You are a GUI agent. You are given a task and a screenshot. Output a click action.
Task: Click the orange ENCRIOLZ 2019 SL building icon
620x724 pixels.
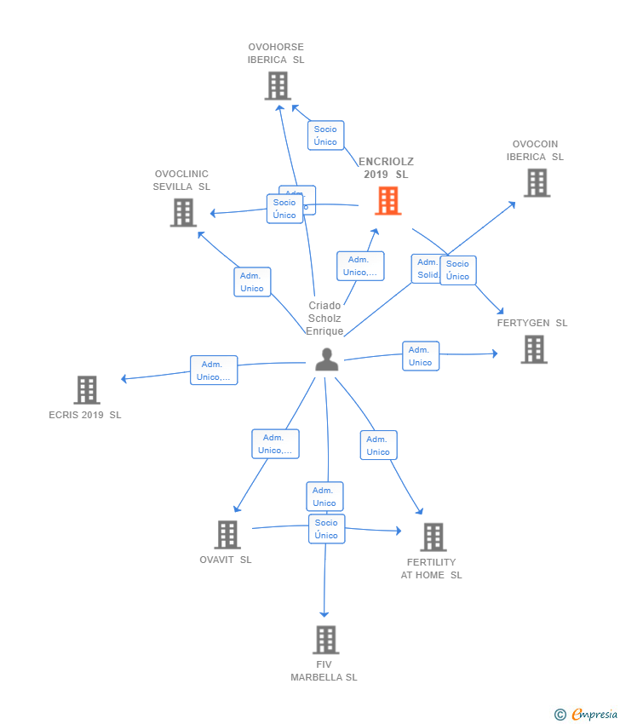[x=388, y=201]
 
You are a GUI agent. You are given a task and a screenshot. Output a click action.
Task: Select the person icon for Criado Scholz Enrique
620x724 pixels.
[x=326, y=360]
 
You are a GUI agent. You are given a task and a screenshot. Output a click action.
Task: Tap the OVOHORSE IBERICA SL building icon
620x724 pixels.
[x=278, y=86]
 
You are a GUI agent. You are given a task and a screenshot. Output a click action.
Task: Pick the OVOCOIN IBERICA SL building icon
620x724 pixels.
[x=537, y=182]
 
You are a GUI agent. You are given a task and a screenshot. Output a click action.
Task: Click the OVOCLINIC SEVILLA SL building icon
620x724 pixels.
[x=183, y=212]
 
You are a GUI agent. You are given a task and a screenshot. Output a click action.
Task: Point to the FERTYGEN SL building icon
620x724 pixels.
[x=534, y=349]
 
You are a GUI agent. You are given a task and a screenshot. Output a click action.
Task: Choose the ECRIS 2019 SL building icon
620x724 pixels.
[x=87, y=390]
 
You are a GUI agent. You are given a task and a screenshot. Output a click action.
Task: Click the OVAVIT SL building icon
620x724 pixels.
[x=227, y=535]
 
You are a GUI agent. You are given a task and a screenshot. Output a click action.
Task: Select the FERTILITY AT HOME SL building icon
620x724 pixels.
[x=433, y=537]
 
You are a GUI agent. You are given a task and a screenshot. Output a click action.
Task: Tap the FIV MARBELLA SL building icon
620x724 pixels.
[x=325, y=640]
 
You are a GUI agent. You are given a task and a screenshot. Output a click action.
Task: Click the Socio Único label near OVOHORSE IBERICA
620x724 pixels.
[x=325, y=135]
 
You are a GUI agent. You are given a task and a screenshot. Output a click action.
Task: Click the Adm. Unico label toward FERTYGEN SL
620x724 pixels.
[x=420, y=356]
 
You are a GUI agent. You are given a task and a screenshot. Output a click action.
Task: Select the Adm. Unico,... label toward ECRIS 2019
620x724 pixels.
[x=213, y=371]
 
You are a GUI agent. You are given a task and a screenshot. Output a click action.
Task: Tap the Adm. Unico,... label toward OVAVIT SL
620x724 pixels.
[x=275, y=444]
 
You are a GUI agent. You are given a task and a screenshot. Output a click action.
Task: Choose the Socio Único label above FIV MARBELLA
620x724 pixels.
[x=326, y=529]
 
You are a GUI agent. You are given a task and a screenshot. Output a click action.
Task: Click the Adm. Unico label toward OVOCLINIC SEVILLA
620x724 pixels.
[x=252, y=282]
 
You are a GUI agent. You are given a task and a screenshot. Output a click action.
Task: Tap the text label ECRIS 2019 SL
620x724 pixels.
[x=85, y=415]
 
